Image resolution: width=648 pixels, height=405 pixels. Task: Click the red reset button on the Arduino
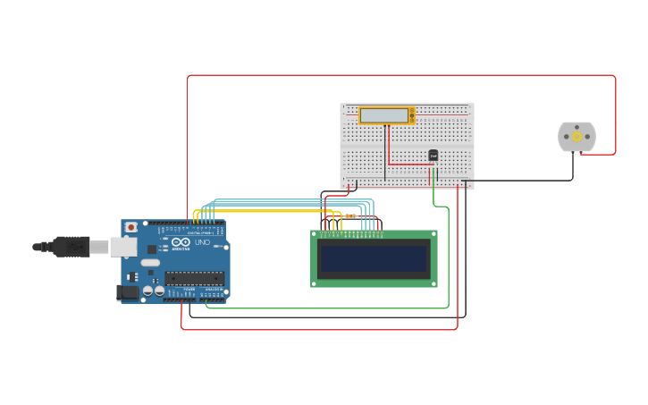point(131,228)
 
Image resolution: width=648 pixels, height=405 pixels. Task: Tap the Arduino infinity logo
point(181,242)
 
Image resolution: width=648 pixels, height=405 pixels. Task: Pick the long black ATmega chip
point(194,278)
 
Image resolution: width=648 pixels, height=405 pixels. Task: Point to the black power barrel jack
point(128,291)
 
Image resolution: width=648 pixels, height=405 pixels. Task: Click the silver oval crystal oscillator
point(150,263)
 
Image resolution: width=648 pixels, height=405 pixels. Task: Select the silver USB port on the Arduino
point(122,247)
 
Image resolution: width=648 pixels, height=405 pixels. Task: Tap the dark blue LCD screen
point(374,259)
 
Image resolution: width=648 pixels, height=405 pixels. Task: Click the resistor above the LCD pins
point(349,216)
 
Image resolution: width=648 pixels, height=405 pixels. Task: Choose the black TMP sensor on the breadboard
point(433,155)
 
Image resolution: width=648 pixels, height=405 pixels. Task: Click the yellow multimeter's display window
point(383,115)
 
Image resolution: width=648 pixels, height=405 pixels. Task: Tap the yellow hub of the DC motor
point(576,137)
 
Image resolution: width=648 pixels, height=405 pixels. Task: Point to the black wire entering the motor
point(573,165)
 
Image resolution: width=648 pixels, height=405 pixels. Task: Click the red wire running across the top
point(402,75)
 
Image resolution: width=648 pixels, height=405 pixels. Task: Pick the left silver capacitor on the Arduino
point(147,291)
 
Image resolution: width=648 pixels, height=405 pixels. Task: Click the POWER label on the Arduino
point(189,289)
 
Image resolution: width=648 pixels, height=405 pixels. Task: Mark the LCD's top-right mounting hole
point(433,234)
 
